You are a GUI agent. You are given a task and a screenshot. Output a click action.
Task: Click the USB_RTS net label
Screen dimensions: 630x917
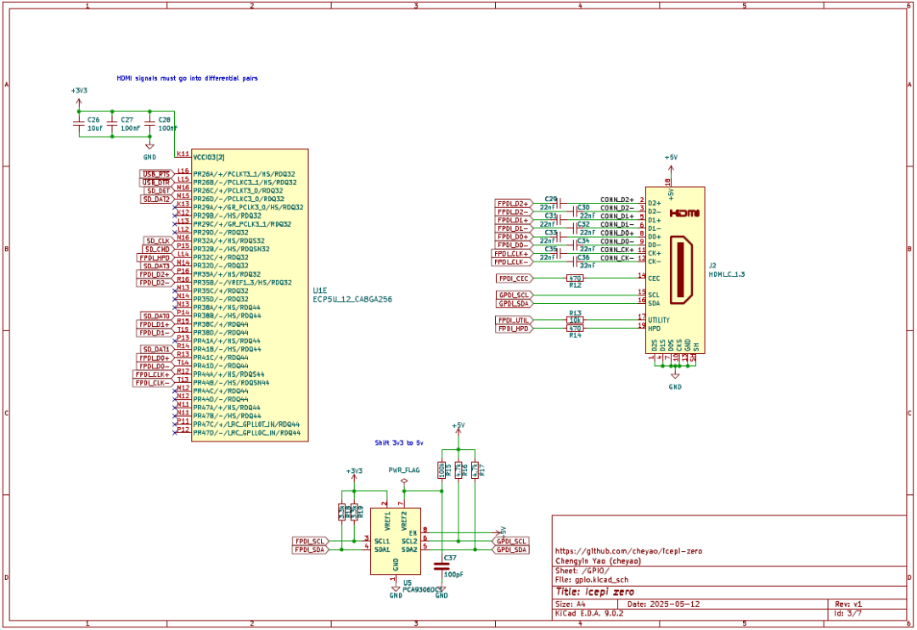pos(156,173)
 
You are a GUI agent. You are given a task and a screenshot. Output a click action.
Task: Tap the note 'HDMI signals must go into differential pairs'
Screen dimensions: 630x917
pos(187,78)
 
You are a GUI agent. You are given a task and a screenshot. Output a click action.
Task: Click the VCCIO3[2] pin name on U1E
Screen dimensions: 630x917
pos(209,157)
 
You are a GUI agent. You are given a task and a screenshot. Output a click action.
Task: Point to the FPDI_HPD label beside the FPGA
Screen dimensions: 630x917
pos(155,257)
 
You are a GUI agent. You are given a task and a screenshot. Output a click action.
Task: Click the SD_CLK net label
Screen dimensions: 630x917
pos(158,240)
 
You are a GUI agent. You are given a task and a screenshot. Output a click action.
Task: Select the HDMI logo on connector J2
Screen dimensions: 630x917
pos(683,213)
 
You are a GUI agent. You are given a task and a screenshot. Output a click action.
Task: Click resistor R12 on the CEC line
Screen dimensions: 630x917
pos(575,278)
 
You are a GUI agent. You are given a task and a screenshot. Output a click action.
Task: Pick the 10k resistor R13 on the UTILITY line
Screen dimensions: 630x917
pos(575,319)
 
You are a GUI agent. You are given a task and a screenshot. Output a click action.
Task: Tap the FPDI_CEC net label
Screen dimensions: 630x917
pos(515,278)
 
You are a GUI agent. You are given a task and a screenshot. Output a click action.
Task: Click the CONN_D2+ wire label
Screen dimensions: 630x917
pos(616,200)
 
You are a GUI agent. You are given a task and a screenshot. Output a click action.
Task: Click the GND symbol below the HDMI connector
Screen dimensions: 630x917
pos(675,378)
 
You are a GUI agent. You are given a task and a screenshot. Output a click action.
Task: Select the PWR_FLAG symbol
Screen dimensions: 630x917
pos(404,476)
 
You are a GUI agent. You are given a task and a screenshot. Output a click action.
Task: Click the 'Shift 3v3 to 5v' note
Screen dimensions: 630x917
pos(399,443)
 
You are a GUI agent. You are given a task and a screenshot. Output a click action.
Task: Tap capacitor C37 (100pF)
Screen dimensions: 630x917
pos(442,565)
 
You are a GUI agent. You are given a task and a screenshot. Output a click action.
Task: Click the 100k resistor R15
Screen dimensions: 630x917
pos(442,470)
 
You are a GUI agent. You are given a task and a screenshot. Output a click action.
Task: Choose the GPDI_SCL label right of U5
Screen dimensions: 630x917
pos(512,541)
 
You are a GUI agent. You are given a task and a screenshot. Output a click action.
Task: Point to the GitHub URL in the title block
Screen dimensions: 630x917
pos(628,551)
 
